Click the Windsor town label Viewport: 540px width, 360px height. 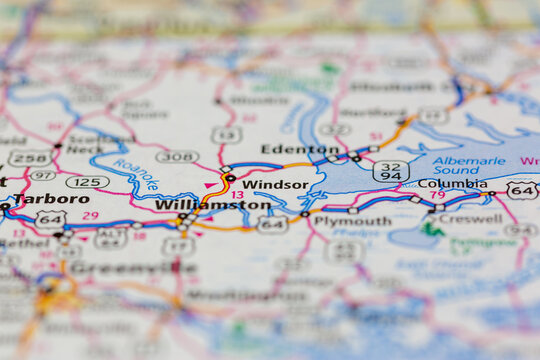[x=275, y=185]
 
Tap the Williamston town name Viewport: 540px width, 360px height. [x=213, y=205]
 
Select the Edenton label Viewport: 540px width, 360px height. [x=286, y=149]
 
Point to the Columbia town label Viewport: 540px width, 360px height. [x=452, y=184]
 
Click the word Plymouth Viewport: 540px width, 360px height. [x=352, y=221]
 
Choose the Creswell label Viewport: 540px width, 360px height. [x=470, y=218]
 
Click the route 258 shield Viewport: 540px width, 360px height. [x=30, y=158]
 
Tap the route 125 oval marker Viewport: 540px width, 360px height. [x=88, y=182]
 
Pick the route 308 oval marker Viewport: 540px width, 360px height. [x=176, y=157]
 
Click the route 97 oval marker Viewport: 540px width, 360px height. [x=42, y=175]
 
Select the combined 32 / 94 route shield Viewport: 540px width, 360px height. [x=390, y=171]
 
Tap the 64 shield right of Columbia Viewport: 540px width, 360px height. [x=521, y=189]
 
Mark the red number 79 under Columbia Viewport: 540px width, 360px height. [x=437, y=195]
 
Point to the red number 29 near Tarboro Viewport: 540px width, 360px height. [x=90, y=215]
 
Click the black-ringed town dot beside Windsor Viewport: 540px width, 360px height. [x=231, y=178]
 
